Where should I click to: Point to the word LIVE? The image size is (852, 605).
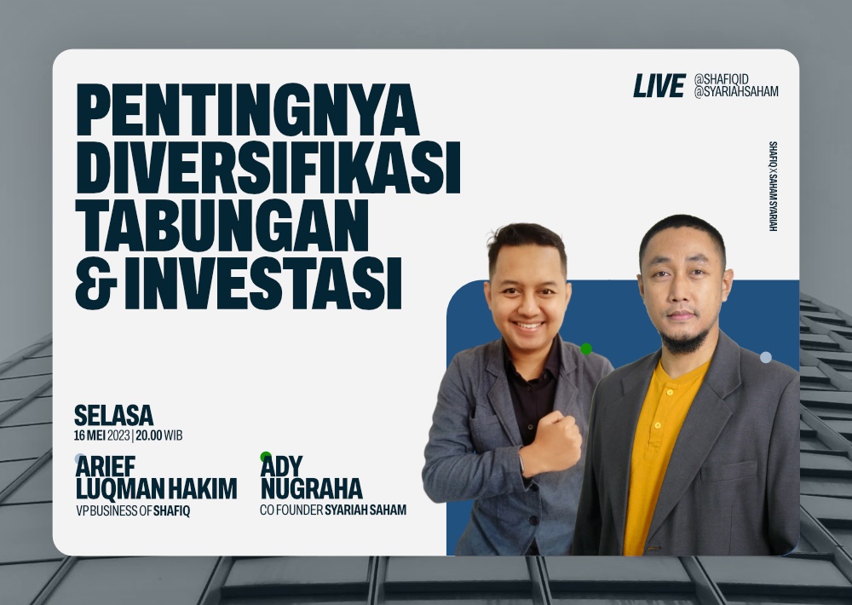[659, 85]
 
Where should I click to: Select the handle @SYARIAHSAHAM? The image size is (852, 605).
[736, 92]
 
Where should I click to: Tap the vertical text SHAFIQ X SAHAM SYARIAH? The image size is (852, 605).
[773, 187]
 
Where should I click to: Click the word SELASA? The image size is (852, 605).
[113, 416]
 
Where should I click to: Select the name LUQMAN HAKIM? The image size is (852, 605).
[156, 489]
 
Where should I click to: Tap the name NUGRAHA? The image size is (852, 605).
[311, 489]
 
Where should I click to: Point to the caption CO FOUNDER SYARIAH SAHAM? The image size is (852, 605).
[333, 510]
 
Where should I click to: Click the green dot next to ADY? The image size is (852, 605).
[266, 457]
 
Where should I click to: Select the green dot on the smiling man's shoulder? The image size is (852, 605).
[586, 349]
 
